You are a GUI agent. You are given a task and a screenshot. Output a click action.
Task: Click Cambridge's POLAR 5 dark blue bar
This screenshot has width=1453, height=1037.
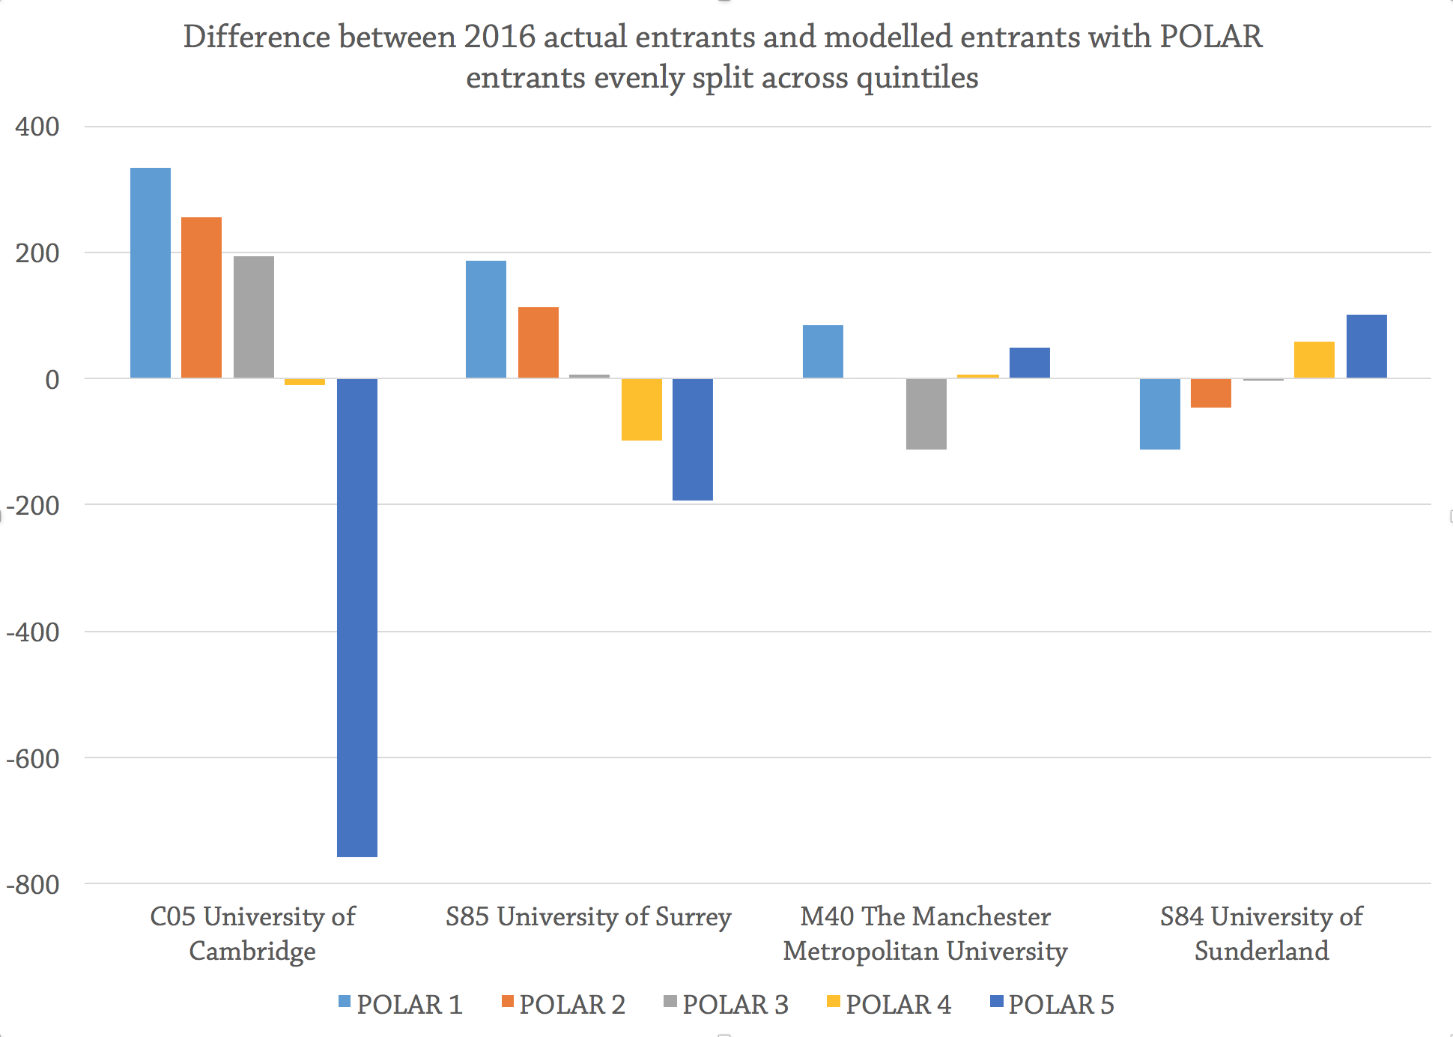click(357, 617)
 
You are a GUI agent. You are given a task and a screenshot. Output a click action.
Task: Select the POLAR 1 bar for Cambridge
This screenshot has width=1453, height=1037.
click(151, 273)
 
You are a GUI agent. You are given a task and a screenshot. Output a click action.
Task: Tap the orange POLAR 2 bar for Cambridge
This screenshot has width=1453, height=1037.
click(201, 297)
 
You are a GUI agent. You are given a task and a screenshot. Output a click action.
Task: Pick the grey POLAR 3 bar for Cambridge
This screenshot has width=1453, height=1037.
click(254, 317)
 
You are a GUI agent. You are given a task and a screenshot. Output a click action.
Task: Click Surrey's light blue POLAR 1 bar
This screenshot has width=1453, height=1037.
click(486, 319)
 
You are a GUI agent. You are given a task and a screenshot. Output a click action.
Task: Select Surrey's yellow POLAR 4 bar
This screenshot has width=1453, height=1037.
click(642, 409)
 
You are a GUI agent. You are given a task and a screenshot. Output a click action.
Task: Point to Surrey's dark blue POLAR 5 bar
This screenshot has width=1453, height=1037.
click(693, 439)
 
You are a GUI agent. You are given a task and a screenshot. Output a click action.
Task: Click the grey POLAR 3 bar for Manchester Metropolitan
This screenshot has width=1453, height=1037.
click(926, 414)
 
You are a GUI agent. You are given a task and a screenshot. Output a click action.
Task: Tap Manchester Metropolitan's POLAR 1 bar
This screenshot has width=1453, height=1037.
click(823, 351)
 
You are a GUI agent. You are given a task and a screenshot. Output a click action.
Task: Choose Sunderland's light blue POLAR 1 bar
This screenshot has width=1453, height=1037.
click(1160, 414)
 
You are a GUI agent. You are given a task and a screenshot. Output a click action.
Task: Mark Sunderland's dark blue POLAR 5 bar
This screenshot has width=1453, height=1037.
click(1367, 346)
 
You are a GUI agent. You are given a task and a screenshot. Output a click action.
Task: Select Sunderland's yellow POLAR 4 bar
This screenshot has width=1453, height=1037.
click(1314, 360)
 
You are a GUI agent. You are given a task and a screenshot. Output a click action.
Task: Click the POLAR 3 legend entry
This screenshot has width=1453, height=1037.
click(726, 1005)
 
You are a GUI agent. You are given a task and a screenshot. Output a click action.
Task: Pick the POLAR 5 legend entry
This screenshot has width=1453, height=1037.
click(1052, 1005)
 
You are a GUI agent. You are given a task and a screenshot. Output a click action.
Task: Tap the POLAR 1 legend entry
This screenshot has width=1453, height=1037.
click(400, 1005)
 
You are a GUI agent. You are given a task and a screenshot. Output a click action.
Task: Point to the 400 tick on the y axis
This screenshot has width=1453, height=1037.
click(37, 127)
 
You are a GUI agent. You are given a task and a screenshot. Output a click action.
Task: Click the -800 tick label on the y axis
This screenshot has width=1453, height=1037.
click(32, 885)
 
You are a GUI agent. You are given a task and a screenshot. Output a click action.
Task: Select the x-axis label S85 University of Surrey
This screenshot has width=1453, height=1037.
click(588, 917)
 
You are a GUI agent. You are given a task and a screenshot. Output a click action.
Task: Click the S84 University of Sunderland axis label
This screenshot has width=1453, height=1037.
click(1262, 934)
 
